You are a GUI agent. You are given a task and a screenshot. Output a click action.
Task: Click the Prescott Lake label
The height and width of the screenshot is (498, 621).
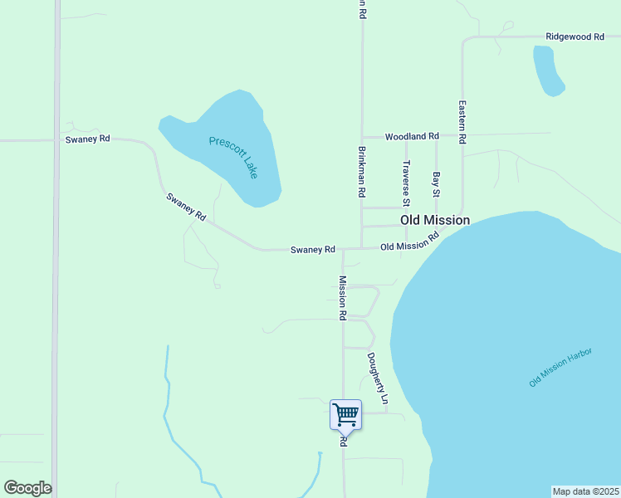click(233, 157)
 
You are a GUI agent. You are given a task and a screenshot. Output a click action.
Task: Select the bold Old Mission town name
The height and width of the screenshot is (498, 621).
click(435, 220)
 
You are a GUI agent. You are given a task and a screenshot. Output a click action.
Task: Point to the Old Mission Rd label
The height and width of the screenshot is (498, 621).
click(409, 242)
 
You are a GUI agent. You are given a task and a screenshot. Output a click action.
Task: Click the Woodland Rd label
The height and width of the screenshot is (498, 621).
click(411, 136)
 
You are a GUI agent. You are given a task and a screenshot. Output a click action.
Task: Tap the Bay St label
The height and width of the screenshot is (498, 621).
click(436, 184)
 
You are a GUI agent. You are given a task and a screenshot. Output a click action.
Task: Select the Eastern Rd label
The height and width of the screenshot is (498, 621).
click(462, 123)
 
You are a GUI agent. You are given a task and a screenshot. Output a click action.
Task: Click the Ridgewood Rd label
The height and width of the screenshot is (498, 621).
click(574, 37)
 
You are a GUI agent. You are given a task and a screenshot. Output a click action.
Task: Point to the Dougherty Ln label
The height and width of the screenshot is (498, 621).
click(378, 378)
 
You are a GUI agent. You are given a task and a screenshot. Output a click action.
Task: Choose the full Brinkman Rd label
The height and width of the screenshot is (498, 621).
click(362, 172)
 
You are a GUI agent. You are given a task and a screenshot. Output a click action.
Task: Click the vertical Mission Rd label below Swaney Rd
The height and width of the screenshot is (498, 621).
click(341, 298)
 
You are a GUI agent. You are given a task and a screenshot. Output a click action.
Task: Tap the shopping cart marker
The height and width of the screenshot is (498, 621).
click(345, 414)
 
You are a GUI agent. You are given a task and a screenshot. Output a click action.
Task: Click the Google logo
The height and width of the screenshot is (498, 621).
click(27, 488)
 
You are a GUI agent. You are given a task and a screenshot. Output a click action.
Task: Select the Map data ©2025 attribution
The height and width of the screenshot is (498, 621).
click(586, 491)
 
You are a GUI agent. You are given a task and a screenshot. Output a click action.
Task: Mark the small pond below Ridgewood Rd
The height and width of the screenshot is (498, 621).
click(547, 71)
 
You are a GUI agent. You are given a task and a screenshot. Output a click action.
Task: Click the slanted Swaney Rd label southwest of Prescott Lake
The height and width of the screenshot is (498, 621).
click(186, 207)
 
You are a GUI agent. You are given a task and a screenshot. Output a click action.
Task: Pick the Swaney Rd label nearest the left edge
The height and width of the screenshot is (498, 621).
click(87, 139)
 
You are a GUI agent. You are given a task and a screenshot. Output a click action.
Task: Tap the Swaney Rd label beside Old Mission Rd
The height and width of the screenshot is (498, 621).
click(312, 249)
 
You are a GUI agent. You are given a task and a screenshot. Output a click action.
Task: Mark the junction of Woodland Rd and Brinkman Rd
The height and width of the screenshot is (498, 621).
click(361, 136)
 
